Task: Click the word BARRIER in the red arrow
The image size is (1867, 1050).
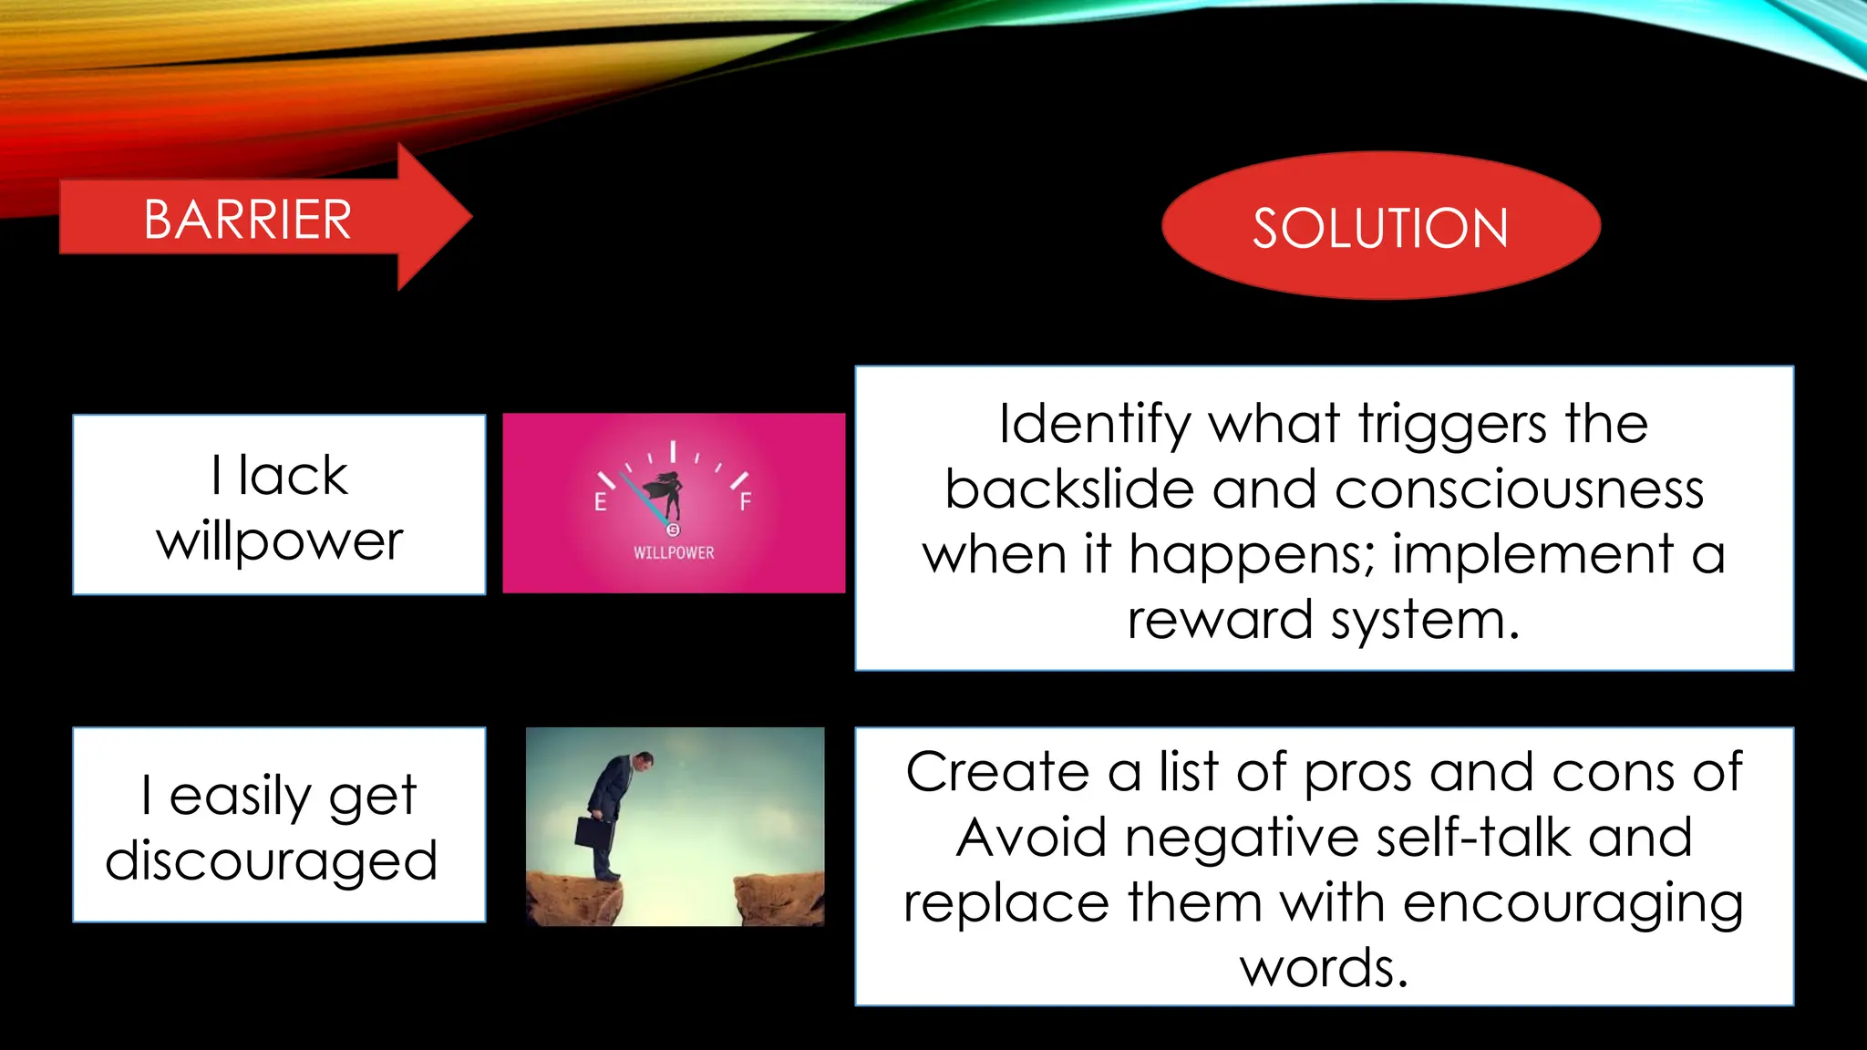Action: [x=247, y=220]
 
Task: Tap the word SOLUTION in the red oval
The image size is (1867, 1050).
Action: [x=1380, y=228]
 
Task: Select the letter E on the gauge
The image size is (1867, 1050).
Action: [x=600, y=502]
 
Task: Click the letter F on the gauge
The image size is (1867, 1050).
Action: [x=746, y=502]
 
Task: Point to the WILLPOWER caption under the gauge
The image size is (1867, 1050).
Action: [x=674, y=552]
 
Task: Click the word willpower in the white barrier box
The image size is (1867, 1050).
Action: [x=280, y=541]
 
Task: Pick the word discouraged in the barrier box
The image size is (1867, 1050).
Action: [x=272, y=861]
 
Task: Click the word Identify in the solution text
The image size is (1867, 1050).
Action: [x=1095, y=425]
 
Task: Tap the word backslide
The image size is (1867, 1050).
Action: [x=1069, y=489]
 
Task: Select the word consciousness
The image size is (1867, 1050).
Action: [x=1519, y=489]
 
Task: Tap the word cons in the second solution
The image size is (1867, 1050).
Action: [x=1616, y=772]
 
